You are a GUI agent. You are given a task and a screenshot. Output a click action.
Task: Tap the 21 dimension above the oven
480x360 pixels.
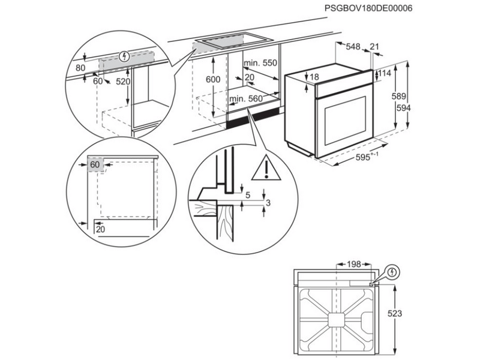(374, 47)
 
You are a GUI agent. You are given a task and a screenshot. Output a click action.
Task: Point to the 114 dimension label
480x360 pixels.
(385, 74)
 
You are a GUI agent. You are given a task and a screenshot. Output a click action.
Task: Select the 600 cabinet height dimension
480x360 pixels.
(213, 79)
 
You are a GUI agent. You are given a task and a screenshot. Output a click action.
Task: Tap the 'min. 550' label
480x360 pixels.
(260, 63)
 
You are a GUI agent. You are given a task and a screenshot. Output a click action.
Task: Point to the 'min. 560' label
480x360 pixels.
(246, 99)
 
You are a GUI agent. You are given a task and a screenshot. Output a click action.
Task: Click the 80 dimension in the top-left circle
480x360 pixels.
(81, 68)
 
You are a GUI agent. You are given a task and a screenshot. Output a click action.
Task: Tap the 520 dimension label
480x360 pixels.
(123, 82)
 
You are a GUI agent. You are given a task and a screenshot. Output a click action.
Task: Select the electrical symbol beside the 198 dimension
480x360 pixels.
(393, 271)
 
